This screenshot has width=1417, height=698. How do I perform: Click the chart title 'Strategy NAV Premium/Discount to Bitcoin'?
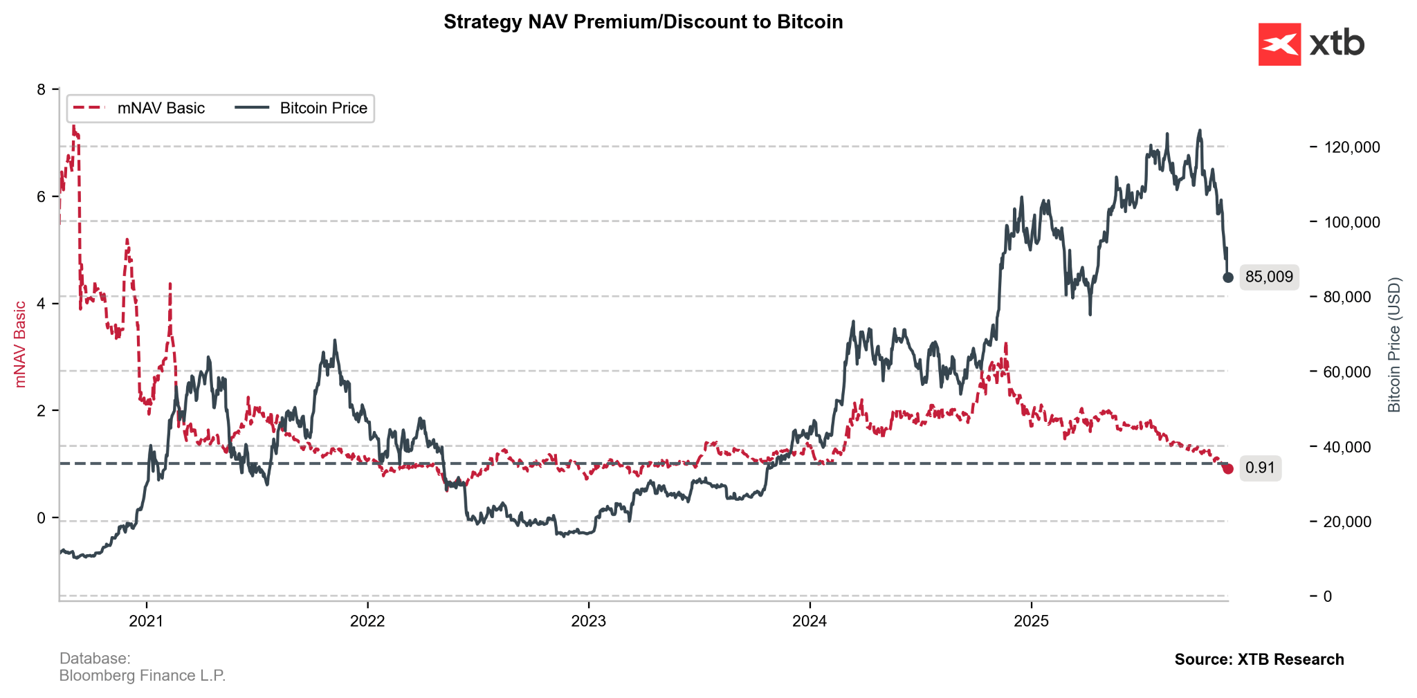(643, 22)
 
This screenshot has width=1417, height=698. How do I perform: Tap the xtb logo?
(1310, 44)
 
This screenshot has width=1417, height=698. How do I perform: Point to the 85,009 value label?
(1268, 277)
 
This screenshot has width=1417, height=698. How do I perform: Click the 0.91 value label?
(1259, 468)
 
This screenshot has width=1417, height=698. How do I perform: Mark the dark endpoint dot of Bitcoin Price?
(1228, 277)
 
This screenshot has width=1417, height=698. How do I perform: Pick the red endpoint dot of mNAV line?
(1228, 469)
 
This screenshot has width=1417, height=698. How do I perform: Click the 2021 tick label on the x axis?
(146, 621)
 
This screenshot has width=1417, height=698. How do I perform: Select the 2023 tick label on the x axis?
(588, 621)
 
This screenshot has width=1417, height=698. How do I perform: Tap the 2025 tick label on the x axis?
(1031, 621)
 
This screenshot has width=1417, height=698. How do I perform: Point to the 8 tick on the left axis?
(41, 90)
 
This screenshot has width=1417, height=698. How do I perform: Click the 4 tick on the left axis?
(41, 304)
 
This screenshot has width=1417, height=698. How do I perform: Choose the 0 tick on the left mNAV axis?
(41, 518)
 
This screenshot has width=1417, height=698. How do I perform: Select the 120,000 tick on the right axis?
(1352, 147)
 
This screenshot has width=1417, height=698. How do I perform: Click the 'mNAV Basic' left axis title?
(21, 344)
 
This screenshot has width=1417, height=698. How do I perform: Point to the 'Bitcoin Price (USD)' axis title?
(1394, 345)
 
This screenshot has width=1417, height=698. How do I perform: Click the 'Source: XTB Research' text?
(1259, 659)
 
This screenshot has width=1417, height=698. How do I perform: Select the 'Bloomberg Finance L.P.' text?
(143, 676)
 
